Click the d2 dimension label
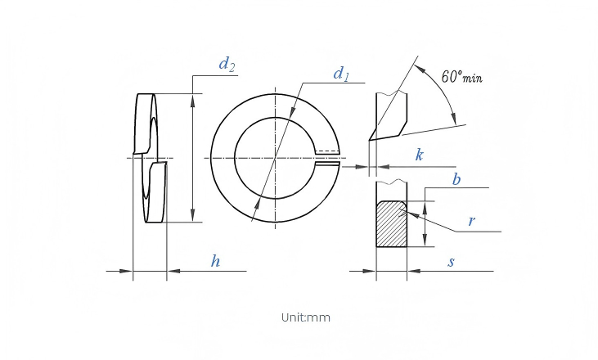coord(227,65)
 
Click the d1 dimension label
coord(341,74)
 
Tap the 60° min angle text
coord(462,77)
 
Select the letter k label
coord(419,155)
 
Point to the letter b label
coord(456,179)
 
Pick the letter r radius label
coord(472,221)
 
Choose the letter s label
coord(452,262)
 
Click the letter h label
coord(216,261)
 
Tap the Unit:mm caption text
coord(306,317)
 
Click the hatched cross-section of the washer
coord(391,225)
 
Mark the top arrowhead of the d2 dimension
coord(193,100)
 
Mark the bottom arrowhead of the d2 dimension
coord(193,215)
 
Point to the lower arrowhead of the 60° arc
coord(453,118)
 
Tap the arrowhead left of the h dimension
coord(126,271)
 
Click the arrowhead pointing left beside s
coord(414,271)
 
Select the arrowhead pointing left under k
coord(384,167)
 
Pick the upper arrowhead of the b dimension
coord(426,208)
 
